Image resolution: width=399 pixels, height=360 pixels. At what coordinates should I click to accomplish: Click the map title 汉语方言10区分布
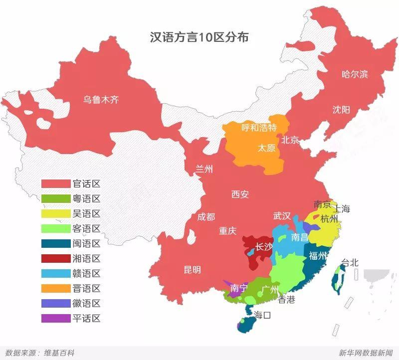[200, 38]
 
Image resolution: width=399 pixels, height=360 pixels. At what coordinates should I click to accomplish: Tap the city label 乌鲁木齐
[101, 100]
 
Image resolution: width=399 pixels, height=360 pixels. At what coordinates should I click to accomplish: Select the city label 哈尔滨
[355, 74]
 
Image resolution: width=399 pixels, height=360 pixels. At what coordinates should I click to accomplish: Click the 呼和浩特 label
[259, 128]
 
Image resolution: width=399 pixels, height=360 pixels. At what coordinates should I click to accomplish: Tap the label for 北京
[290, 140]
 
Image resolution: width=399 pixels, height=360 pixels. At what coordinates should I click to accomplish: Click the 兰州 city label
[204, 170]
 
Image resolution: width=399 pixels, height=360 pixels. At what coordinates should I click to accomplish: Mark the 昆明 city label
[193, 270]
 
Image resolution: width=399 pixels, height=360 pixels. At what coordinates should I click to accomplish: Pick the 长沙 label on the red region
[264, 246]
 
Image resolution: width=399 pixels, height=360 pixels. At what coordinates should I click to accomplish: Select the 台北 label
[350, 262]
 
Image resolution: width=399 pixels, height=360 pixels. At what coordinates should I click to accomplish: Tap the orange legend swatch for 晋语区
[56, 288]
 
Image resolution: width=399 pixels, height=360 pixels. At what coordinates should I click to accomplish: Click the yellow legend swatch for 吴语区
[56, 213]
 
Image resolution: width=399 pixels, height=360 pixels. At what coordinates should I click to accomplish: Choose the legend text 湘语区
[86, 258]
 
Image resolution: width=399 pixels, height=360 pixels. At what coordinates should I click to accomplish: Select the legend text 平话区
[86, 318]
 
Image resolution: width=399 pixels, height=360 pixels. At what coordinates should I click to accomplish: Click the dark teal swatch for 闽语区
[56, 243]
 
